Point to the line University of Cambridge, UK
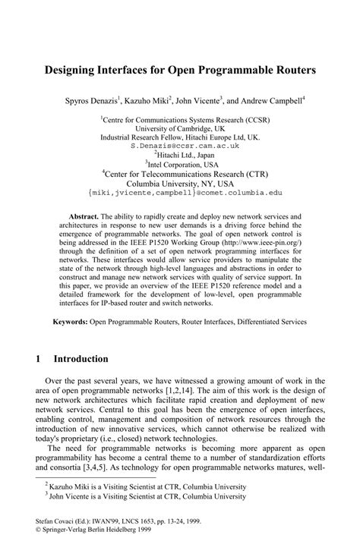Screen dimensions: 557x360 [179, 128]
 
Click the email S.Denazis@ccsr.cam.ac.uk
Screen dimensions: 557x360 [179, 145]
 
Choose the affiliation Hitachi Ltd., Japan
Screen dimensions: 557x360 [180, 153]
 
